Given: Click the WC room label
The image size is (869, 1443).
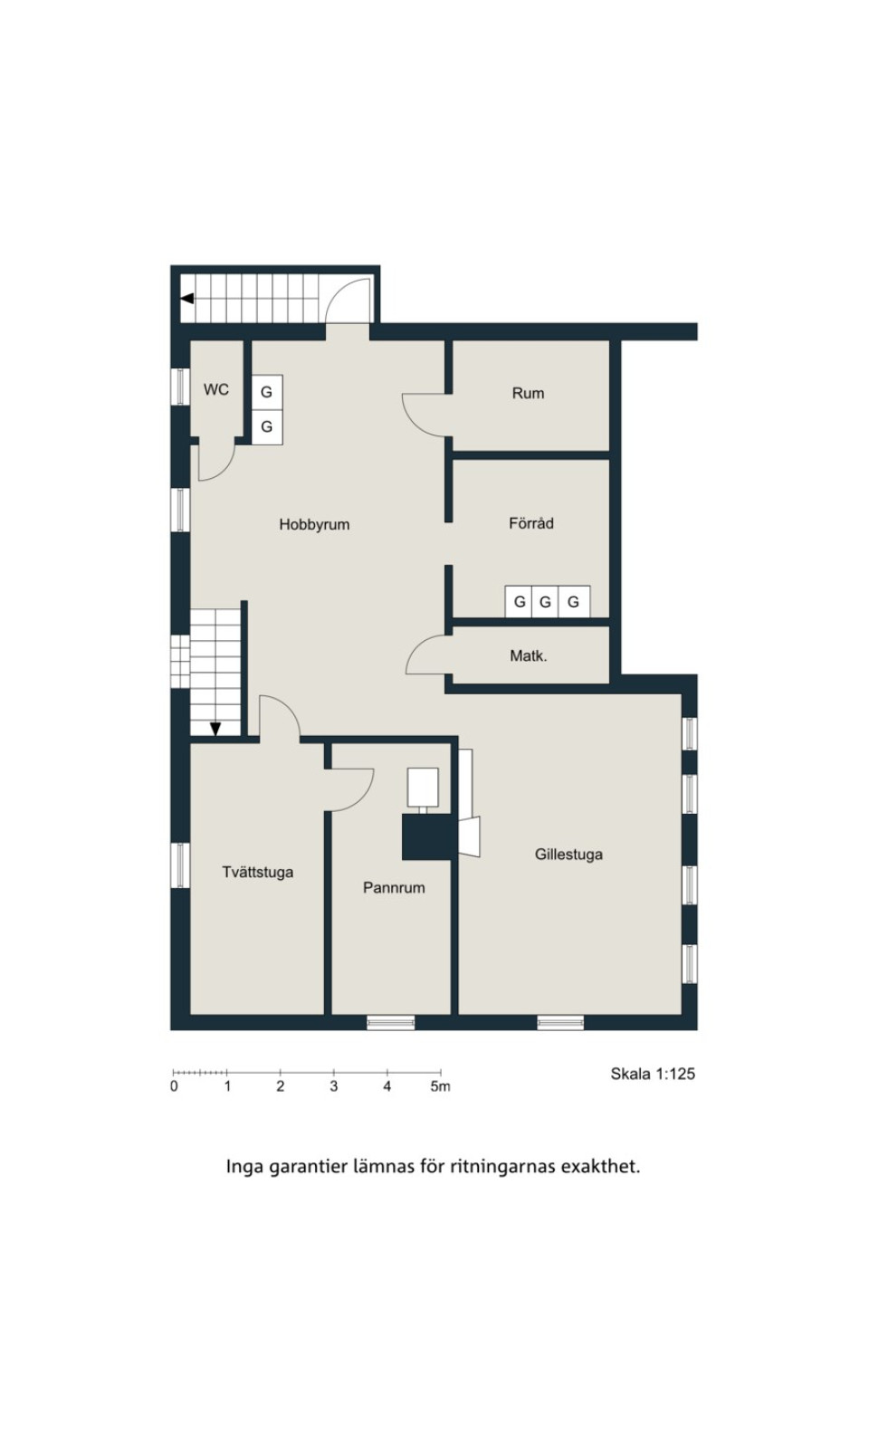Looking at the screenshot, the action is pyautogui.click(x=215, y=390).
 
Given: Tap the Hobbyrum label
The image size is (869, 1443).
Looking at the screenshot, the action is pyautogui.click(x=314, y=524).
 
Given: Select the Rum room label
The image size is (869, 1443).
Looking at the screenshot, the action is pyautogui.click(x=529, y=393).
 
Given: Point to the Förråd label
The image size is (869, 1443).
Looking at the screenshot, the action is pyautogui.click(x=531, y=523).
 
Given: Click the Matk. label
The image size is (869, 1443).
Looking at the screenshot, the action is pyautogui.click(x=529, y=656).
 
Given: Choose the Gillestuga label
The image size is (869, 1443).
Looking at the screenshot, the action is pyautogui.click(x=568, y=855).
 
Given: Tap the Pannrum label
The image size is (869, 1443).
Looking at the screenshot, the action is pyautogui.click(x=395, y=888).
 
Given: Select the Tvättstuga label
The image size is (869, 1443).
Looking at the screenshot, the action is pyautogui.click(x=258, y=873).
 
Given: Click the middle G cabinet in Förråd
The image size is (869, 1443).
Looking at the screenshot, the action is pyautogui.click(x=546, y=602).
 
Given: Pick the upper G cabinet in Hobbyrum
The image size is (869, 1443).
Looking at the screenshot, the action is pyautogui.click(x=267, y=392).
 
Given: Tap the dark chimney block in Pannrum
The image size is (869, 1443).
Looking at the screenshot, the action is pyautogui.click(x=426, y=836).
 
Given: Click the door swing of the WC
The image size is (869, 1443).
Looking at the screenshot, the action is pyautogui.click(x=224, y=471).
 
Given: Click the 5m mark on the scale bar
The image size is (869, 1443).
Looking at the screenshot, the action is pyautogui.click(x=441, y=1086).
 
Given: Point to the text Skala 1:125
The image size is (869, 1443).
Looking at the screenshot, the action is pyautogui.click(x=653, y=1074).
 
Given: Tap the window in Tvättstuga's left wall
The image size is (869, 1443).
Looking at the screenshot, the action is pyautogui.click(x=180, y=865).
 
